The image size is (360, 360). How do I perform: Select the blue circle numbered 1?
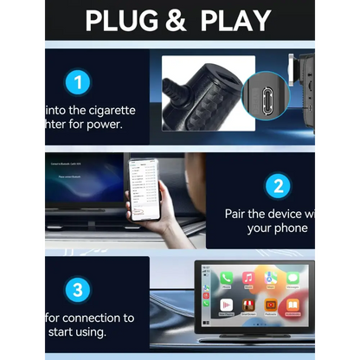tap(78, 84)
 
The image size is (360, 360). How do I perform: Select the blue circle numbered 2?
tap(278, 185)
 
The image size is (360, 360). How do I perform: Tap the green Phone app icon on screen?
tap(226, 279)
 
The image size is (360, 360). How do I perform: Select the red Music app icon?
tap(248, 279)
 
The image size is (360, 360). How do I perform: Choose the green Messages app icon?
tap(292, 279)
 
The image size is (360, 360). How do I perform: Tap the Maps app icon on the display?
tap(271, 279)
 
